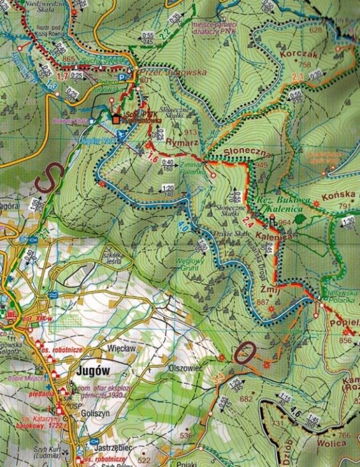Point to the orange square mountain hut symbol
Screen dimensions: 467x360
tap(116, 118)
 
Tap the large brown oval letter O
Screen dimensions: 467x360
tap(244, 354)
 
